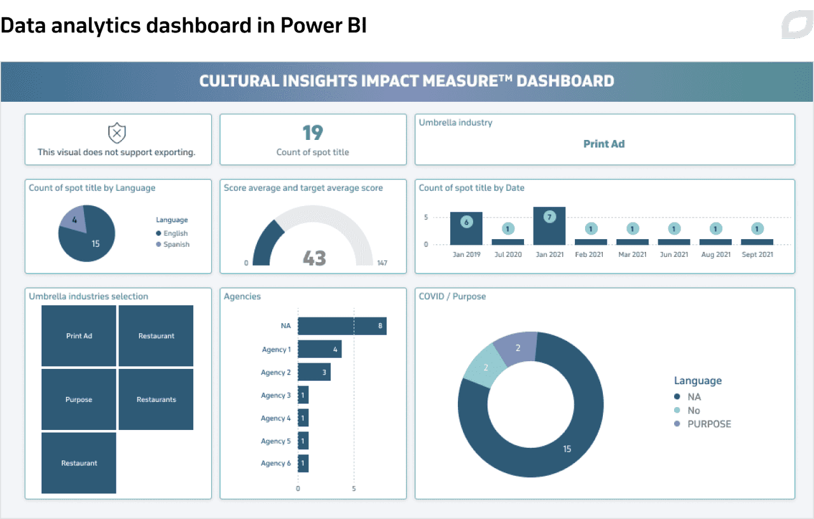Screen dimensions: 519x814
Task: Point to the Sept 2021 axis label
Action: pyautogui.click(x=757, y=254)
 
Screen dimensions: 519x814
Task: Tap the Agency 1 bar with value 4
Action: pyautogui.click(x=319, y=349)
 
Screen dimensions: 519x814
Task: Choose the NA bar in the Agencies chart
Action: pyautogui.click(x=341, y=326)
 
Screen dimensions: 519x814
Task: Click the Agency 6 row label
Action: pyautogui.click(x=275, y=464)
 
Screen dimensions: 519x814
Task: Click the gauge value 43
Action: pyautogui.click(x=314, y=258)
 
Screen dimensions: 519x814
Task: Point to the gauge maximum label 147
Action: pyautogui.click(x=382, y=263)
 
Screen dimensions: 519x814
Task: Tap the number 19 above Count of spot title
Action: pyautogui.click(x=313, y=133)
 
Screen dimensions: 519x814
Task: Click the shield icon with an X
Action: pyautogui.click(x=117, y=133)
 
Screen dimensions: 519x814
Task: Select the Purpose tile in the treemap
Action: pyautogui.click(x=79, y=399)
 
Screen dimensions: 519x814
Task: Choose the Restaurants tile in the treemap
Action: pyautogui.click(x=156, y=399)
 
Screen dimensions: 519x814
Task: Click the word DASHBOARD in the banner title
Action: pyautogui.click(x=565, y=81)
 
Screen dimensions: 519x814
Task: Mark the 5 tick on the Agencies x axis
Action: pyautogui.click(x=354, y=489)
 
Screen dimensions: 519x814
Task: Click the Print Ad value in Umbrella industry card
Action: pyautogui.click(x=604, y=144)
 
